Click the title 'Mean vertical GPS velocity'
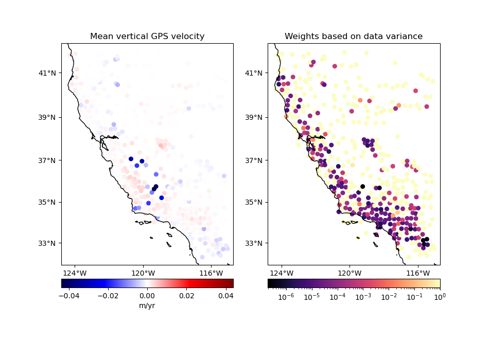pos(147,37)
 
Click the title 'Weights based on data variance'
pos(354,37)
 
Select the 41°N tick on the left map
pos(49,73)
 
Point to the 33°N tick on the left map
pos(49,243)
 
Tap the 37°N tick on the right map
pos(256,160)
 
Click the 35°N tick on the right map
pos(256,202)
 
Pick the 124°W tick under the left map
pos(75,273)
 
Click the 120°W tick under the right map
pos(350,273)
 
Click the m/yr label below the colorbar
pos(147,306)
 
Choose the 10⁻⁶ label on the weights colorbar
pos(285,297)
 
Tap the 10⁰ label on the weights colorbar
pos(440,297)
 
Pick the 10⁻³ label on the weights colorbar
pos(363,297)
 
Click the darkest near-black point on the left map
pos(155,187)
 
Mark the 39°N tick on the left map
pos(49,117)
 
